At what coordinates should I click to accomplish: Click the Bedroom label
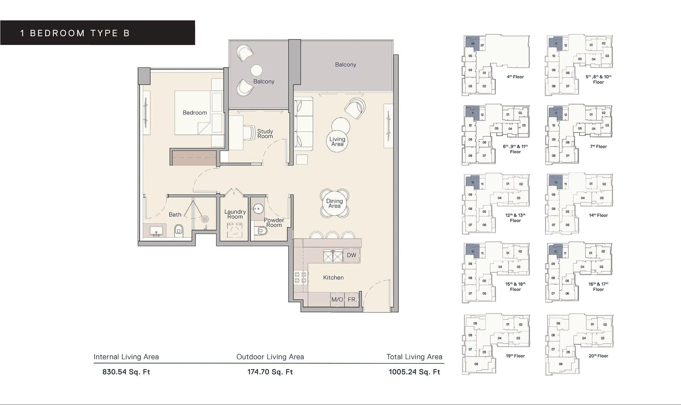[194, 113]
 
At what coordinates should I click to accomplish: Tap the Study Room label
[265, 134]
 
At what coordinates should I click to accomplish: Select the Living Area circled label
[337, 142]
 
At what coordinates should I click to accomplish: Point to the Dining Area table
[334, 203]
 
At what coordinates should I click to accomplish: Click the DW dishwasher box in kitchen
[351, 255]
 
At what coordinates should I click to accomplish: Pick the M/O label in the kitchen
[337, 300]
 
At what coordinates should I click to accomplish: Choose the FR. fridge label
[352, 300]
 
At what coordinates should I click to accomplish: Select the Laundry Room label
[235, 214]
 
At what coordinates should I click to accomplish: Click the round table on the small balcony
[256, 70]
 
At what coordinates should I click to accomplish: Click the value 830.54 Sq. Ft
[126, 372]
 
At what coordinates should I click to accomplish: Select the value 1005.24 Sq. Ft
[414, 372]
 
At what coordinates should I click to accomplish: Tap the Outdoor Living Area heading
[270, 357]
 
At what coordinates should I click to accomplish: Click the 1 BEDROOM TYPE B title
[75, 33]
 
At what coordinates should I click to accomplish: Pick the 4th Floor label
[515, 77]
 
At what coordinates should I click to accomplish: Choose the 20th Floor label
[598, 356]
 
